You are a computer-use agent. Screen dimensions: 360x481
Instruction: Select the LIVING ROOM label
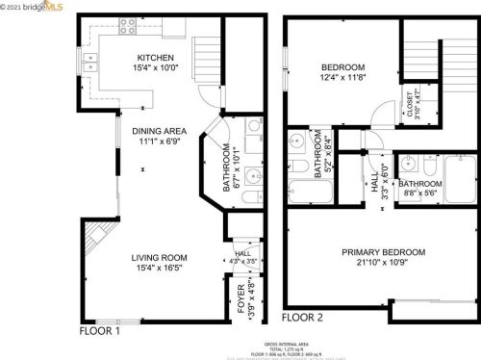coord(160,257)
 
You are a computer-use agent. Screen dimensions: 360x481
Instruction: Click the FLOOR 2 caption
coord(303,317)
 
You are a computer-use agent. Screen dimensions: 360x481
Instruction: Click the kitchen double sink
coord(90,64)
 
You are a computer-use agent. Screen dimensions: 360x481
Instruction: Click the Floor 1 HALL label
coord(241,252)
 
